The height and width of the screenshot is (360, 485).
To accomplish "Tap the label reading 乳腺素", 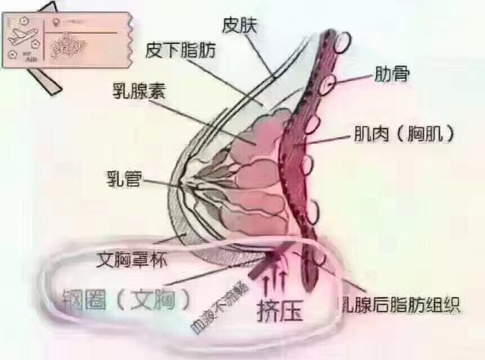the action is click(x=137, y=91).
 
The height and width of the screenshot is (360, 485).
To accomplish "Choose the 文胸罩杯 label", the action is click(x=132, y=260).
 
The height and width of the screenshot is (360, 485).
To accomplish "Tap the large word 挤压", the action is click(x=280, y=310).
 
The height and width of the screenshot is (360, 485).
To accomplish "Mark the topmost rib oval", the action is click(x=342, y=42).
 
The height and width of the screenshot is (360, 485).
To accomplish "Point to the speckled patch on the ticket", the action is click(x=68, y=45).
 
